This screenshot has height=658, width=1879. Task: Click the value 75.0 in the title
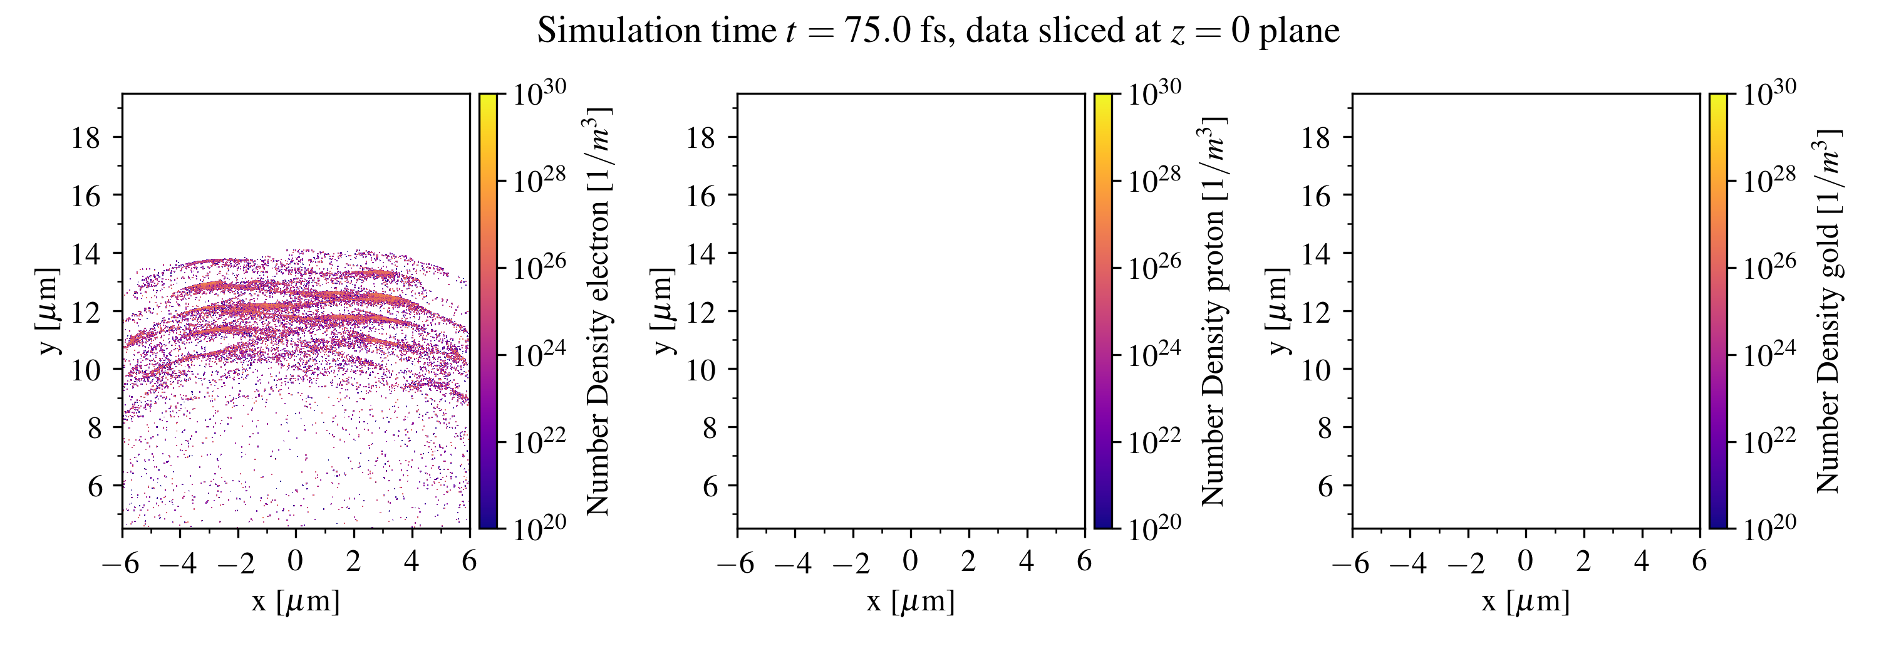(x=878, y=31)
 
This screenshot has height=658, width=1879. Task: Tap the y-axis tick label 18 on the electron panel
(x=85, y=137)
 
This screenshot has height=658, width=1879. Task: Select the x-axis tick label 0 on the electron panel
(x=296, y=561)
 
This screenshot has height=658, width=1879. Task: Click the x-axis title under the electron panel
(x=296, y=602)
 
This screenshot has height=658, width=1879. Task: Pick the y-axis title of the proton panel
(x=662, y=311)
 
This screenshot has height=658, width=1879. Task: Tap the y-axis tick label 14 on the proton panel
(x=700, y=253)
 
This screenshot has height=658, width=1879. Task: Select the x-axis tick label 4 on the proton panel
(x=1027, y=561)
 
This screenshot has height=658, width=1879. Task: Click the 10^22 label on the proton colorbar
(x=1154, y=441)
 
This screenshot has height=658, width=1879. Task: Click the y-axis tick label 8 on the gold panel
(x=1325, y=427)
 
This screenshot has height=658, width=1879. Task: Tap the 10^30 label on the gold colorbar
(x=1769, y=93)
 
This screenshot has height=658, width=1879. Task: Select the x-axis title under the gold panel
(x=1526, y=602)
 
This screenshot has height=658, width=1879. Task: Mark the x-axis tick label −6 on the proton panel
(x=735, y=563)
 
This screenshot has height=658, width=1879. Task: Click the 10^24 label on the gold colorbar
(x=1769, y=354)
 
